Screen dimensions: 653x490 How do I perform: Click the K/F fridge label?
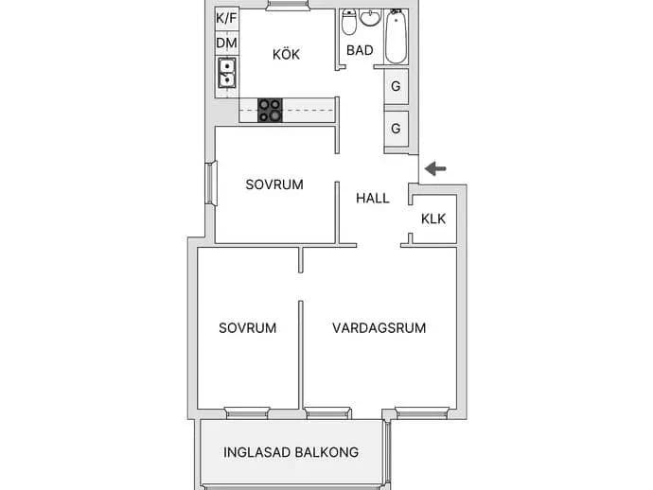[x=226, y=18]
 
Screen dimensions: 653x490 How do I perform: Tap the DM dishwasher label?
[x=226, y=43]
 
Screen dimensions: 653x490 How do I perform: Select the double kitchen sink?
[x=227, y=73]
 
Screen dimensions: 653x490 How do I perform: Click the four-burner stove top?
[x=270, y=111]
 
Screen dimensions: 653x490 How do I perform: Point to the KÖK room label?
[x=286, y=54]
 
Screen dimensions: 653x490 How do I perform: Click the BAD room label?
[x=360, y=50]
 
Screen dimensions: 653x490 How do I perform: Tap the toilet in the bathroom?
[x=349, y=22]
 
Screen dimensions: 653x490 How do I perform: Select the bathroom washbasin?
[x=370, y=17]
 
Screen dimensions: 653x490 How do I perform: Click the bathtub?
[x=396, y=37]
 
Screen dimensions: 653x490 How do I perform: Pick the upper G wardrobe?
[x=396, y=86]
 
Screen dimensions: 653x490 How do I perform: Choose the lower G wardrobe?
[x=396, y=129]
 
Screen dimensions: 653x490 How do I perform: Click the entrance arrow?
[x=435, y=168]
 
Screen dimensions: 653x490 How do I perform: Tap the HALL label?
[x=373, y=198]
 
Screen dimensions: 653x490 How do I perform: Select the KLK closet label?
[x=433, y=219]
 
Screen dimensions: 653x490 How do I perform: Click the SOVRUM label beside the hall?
[x=274, y=184]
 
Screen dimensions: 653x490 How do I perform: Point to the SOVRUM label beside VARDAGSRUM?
[x=247, y=328]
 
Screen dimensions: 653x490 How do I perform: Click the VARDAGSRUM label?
[x=379, y=328]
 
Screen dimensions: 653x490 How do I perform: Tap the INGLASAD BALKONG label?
[x=291, y=452]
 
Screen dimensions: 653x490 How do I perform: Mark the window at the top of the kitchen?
[x=287, y=5]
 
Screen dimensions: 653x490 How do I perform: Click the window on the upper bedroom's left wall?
[x=212, y=184]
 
